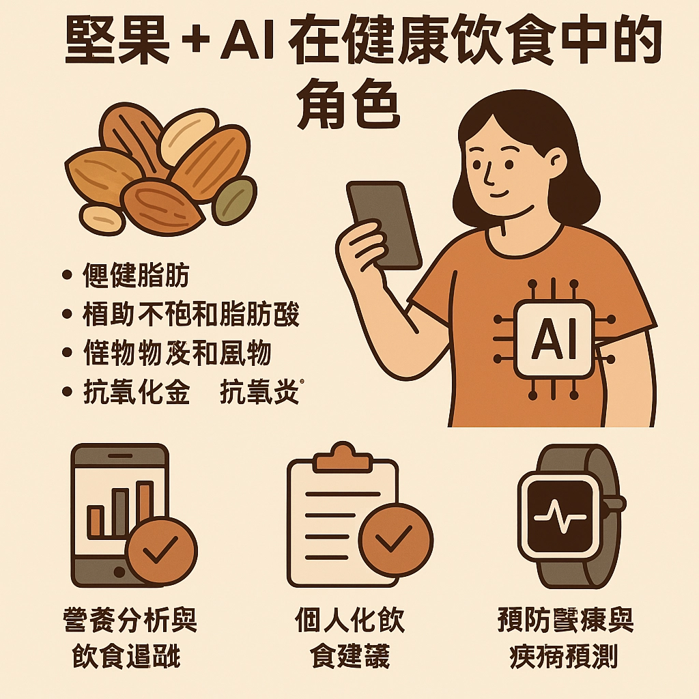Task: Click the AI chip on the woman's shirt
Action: (x=553, y=339)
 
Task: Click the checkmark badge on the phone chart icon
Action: (x=162, y=550)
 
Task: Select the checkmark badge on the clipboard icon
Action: (x=395, y=539)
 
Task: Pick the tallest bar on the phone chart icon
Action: (x=145, y=508)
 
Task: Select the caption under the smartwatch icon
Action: (x=565, y=638)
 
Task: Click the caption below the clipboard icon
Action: (x=349, y=638)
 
